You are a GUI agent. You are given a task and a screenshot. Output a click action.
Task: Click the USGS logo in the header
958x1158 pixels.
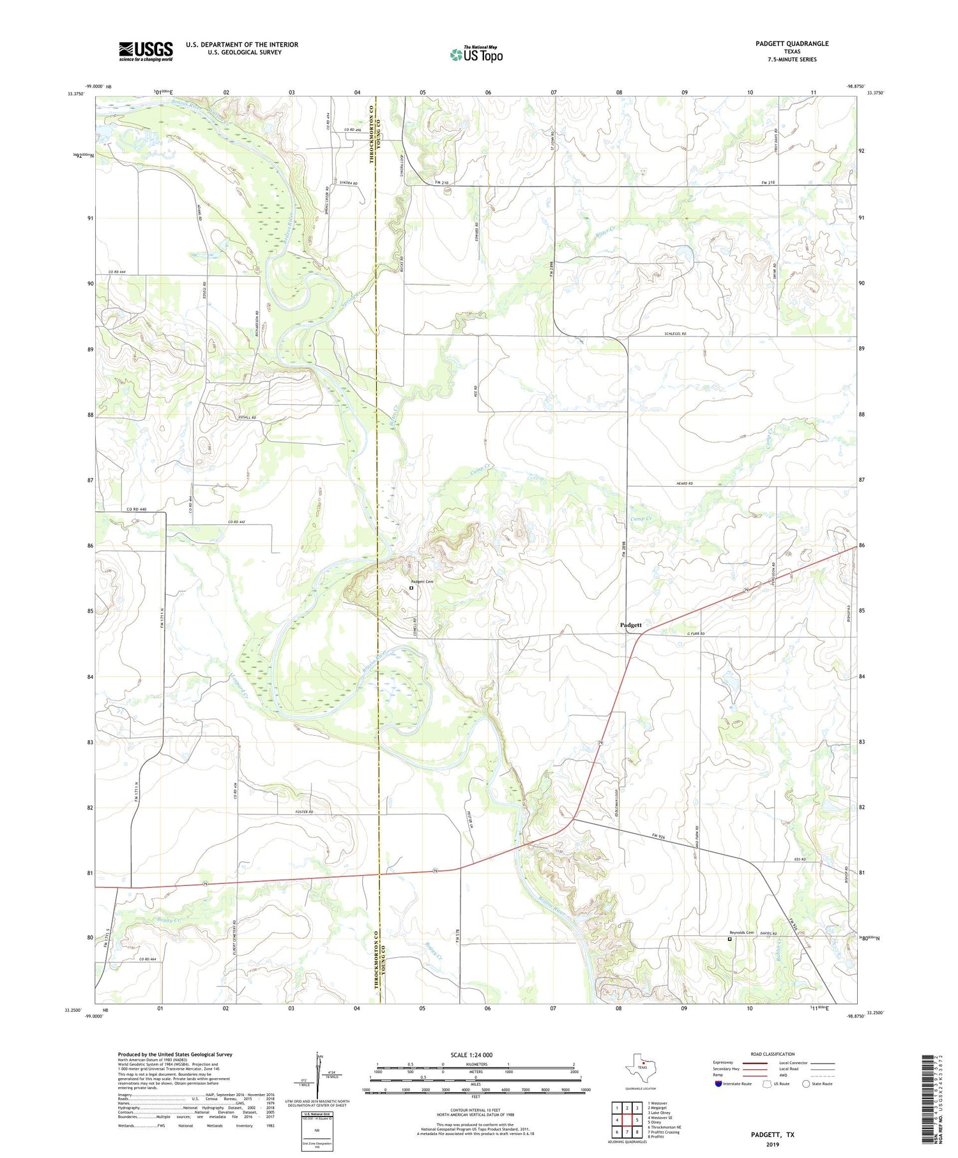(x=146, y=51)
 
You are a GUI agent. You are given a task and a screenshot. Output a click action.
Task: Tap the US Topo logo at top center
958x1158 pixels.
(x=476, y=55)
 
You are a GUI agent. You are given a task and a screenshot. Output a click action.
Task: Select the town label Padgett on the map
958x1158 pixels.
(x=631, y=624)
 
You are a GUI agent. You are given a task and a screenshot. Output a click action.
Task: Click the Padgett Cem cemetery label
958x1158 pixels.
(x=422, y=581)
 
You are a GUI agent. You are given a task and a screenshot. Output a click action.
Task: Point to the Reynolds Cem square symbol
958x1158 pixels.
(x=730, y=939)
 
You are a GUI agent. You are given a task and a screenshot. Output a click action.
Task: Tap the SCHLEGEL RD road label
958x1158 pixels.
(x=674, y=333)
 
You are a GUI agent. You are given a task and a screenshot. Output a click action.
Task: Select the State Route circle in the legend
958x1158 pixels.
(x=805, y=1084)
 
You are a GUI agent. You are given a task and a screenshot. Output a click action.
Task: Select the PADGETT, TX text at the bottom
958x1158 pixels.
(x=772, y=1134)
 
